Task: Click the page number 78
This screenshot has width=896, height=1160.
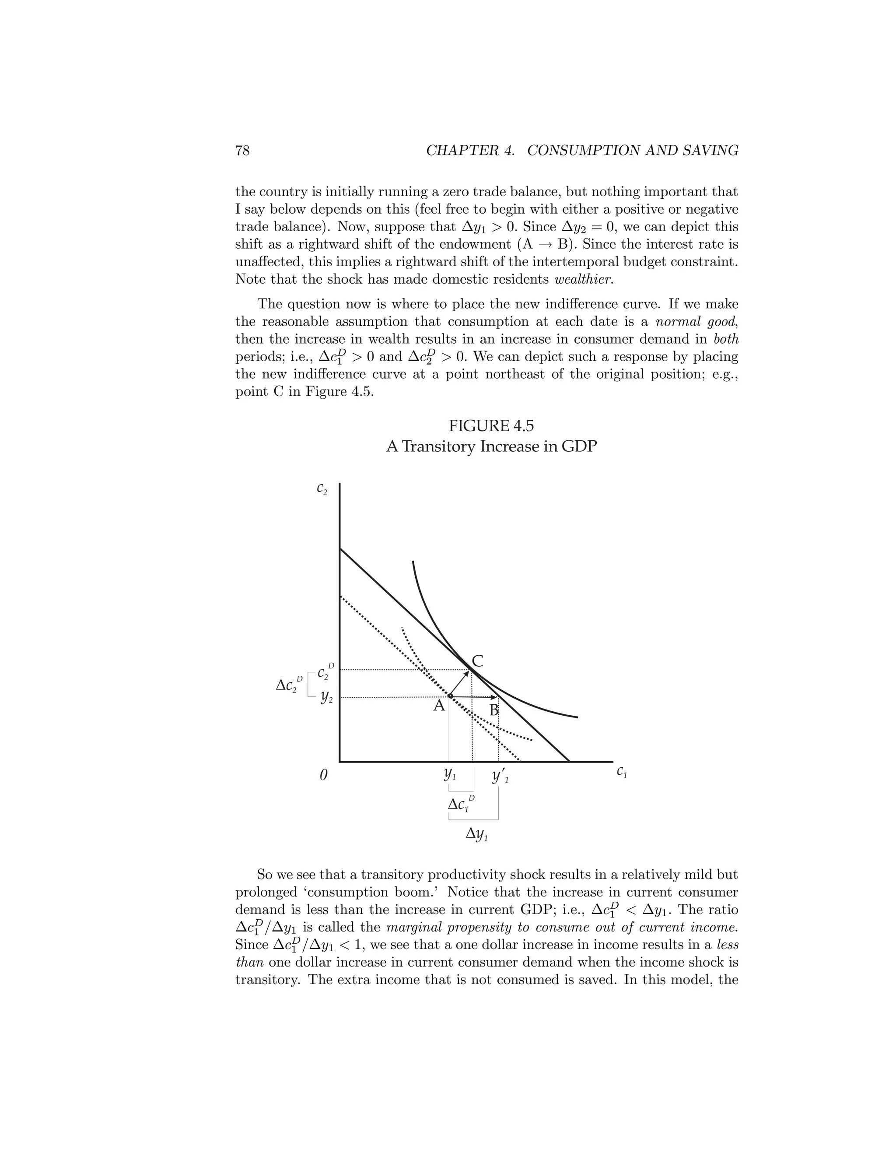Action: [242, 151]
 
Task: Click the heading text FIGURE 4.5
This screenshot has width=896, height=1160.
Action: [491, 426]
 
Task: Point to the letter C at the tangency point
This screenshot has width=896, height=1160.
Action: [477, 662]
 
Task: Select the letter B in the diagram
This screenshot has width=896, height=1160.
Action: [493, 710]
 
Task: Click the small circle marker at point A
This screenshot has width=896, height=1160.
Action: [450, 696]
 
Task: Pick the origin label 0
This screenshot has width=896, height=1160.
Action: [323, 776]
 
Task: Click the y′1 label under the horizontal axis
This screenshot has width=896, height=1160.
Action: [500, 777]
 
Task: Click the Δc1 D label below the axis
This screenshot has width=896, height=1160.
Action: [461, 804]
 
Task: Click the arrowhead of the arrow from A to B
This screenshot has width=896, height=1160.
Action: [495, 697]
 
